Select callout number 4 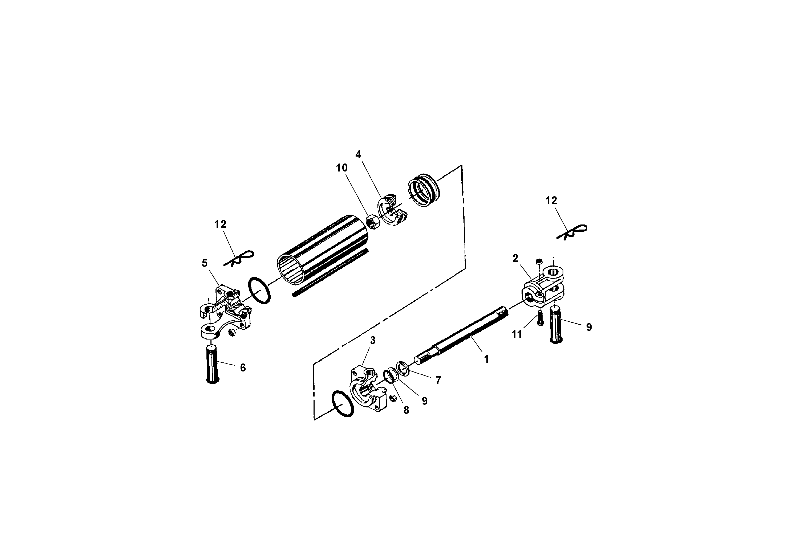click(x=358, y=155)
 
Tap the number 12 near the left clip click(x=220, y=224)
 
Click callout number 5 click(x=205, y=263)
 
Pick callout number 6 click(x=243, y=368)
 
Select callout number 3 click(x=373, y=340)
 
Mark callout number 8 click(x=406, y=410)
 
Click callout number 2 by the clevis click(x=515, y=258)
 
